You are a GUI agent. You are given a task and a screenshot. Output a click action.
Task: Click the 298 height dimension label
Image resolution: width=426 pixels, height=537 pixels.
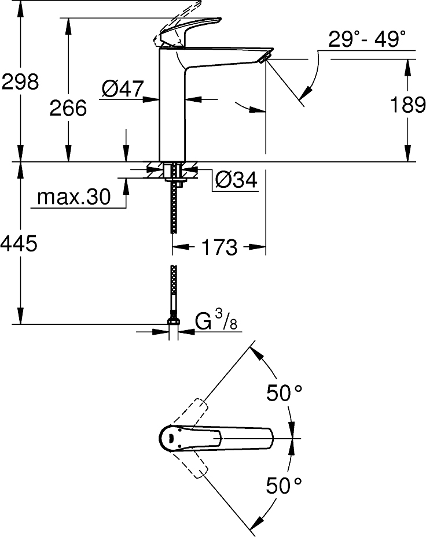click(x=20, y=82)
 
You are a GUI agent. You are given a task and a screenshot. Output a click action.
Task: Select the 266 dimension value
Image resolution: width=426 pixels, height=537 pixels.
click(x=68, y=108)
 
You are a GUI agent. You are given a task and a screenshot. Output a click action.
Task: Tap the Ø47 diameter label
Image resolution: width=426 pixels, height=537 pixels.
click(x=122, y=88)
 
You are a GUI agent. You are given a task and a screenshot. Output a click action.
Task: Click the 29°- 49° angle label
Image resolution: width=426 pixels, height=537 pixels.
click(x=367, y=40)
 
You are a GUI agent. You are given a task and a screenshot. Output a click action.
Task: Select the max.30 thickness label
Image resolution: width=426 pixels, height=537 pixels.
click(x=74, y=198)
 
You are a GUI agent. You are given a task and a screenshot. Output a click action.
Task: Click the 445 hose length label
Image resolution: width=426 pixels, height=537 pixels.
click(x=20, y=244)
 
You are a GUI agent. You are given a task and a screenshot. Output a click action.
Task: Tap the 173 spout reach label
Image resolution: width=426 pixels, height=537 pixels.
click(x=220, y=247)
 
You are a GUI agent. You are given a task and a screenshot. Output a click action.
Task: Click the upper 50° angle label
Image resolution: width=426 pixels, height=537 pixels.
click(x=284, y=394)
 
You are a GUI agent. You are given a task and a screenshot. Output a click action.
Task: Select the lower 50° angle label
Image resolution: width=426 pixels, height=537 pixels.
click(x=284, y=485)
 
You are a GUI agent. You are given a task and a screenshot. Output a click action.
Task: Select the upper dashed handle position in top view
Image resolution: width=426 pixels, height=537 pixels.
click(x=197, y=410)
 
